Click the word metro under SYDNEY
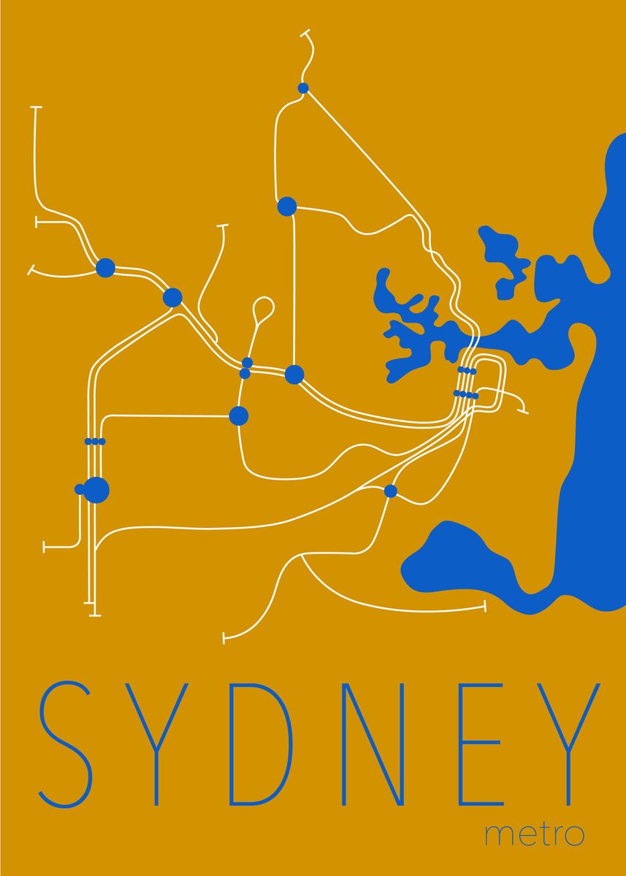[535, 834]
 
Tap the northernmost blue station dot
[303, 88]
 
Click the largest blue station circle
[96, 489]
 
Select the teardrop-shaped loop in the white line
[263, 307]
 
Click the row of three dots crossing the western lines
[95, 441]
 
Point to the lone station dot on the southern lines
[390, 491]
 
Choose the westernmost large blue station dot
[106, 268]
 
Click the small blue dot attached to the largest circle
[79, 489]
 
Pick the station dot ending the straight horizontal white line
[238, 415]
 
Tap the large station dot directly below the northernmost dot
[287, 207]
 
